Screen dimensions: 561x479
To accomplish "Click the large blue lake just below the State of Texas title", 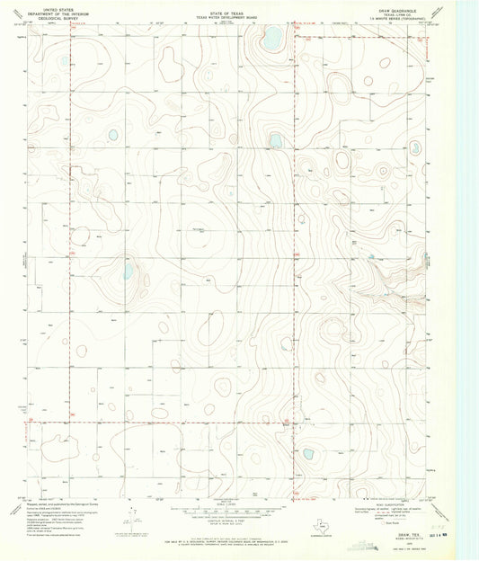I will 271,38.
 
